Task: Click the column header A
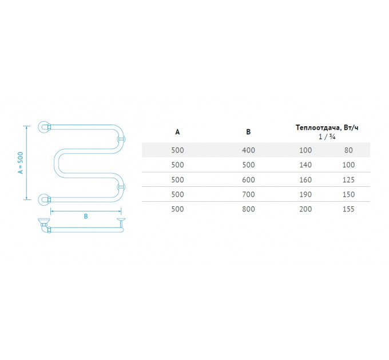(177, 132)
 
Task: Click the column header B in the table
(248, 132)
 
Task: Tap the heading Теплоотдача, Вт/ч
(327, 128)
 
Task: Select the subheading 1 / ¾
(327, 137)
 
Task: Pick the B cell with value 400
(248, 150)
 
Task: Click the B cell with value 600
(248, 179)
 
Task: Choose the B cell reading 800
(248, 209)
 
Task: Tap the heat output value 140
(305, 165)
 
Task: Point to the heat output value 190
(305, 194)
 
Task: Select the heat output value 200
(305, 209)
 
